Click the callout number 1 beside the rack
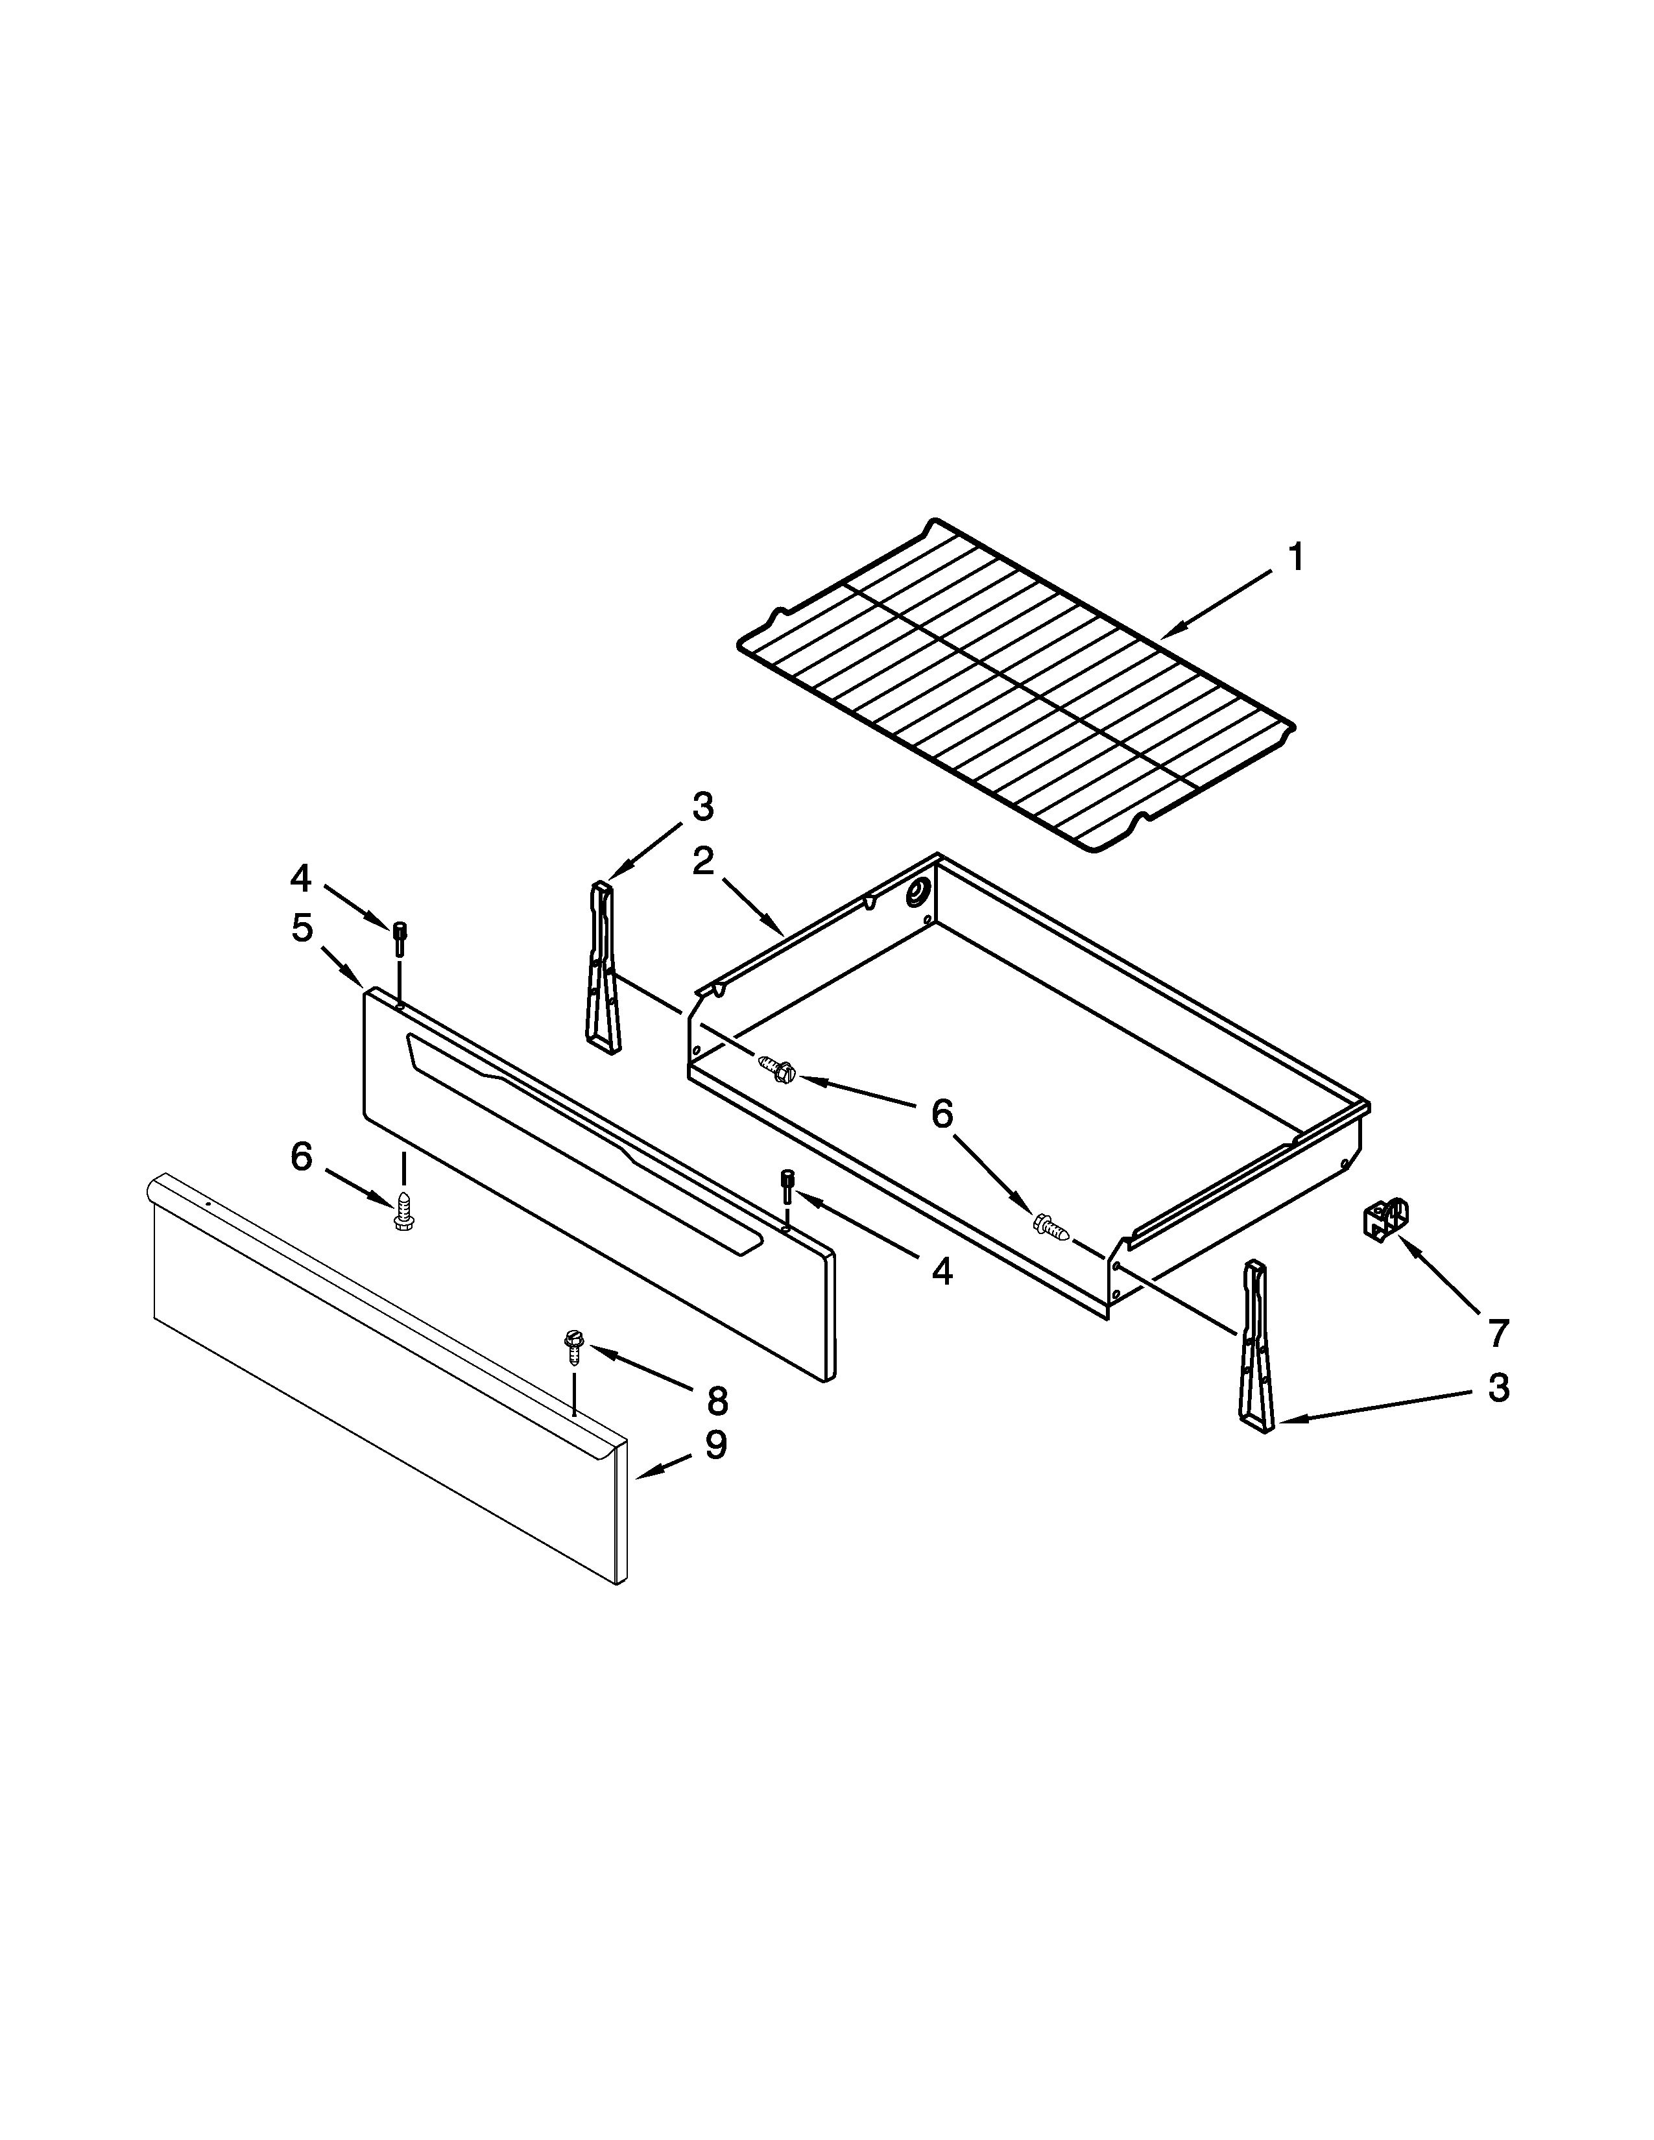[x=1295, y=558]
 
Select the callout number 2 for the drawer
[x=702, y=861]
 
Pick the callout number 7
[x=1497, y=1333]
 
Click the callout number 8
[x=717, y=1401]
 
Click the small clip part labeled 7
[x=1385, y=1219]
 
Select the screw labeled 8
[x=574, y=1346]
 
